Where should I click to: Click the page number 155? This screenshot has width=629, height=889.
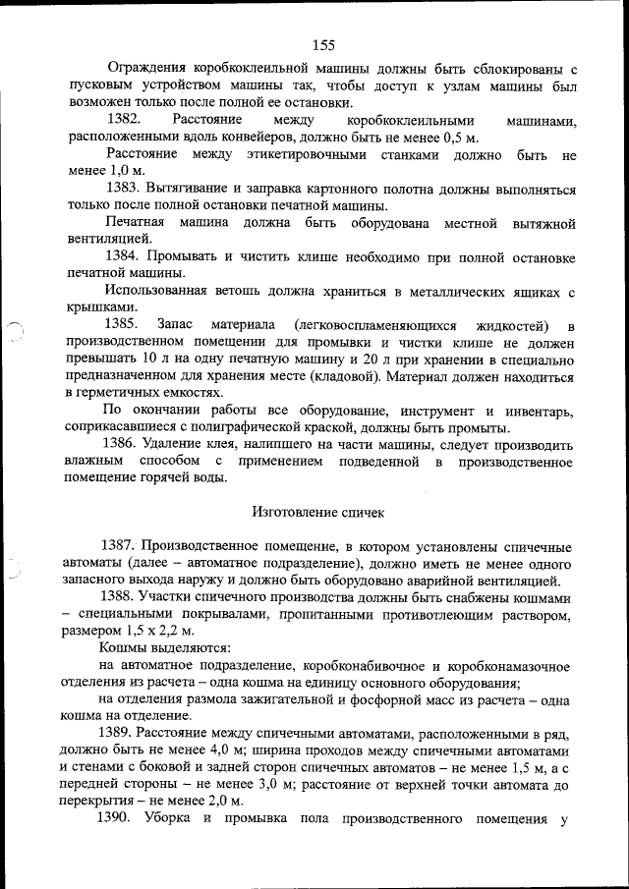325,43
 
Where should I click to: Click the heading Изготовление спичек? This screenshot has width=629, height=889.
315,512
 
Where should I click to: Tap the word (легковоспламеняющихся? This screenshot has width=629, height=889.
363,325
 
